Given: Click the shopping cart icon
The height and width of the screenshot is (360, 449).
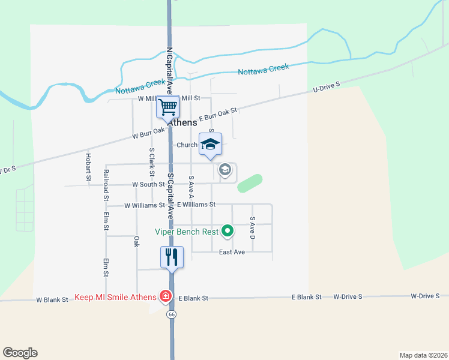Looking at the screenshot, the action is coord(169,107).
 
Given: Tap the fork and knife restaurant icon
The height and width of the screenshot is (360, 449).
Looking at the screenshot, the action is coord(172,257).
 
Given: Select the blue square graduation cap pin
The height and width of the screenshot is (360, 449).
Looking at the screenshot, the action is coord(210,144).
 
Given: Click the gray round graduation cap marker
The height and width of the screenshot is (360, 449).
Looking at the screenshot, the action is coord(225,170).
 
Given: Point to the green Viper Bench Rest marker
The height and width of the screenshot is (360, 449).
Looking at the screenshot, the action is coord(228,230).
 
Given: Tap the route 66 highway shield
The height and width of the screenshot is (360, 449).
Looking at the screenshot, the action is coord(172,313).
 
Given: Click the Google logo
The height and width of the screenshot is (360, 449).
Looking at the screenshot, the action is coord(20,353).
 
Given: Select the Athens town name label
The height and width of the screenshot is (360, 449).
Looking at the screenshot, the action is coord(182,122).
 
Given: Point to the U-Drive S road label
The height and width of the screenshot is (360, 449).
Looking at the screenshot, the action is coord(326,88).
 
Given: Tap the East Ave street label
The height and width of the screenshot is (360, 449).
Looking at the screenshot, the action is coord(232,252).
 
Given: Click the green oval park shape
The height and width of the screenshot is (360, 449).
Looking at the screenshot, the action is coord(250,183).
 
